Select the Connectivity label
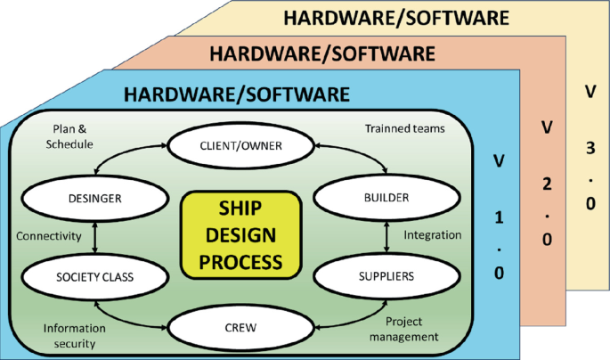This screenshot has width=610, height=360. tap(49, 236)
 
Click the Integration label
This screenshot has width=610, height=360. tap(433, 235)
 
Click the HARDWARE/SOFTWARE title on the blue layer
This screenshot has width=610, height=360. tap(236, 93)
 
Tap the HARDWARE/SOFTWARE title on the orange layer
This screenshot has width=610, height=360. tap(322, 53)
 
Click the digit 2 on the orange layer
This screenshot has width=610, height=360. tap(546, 184)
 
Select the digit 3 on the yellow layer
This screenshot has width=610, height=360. tap(590, 148)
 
